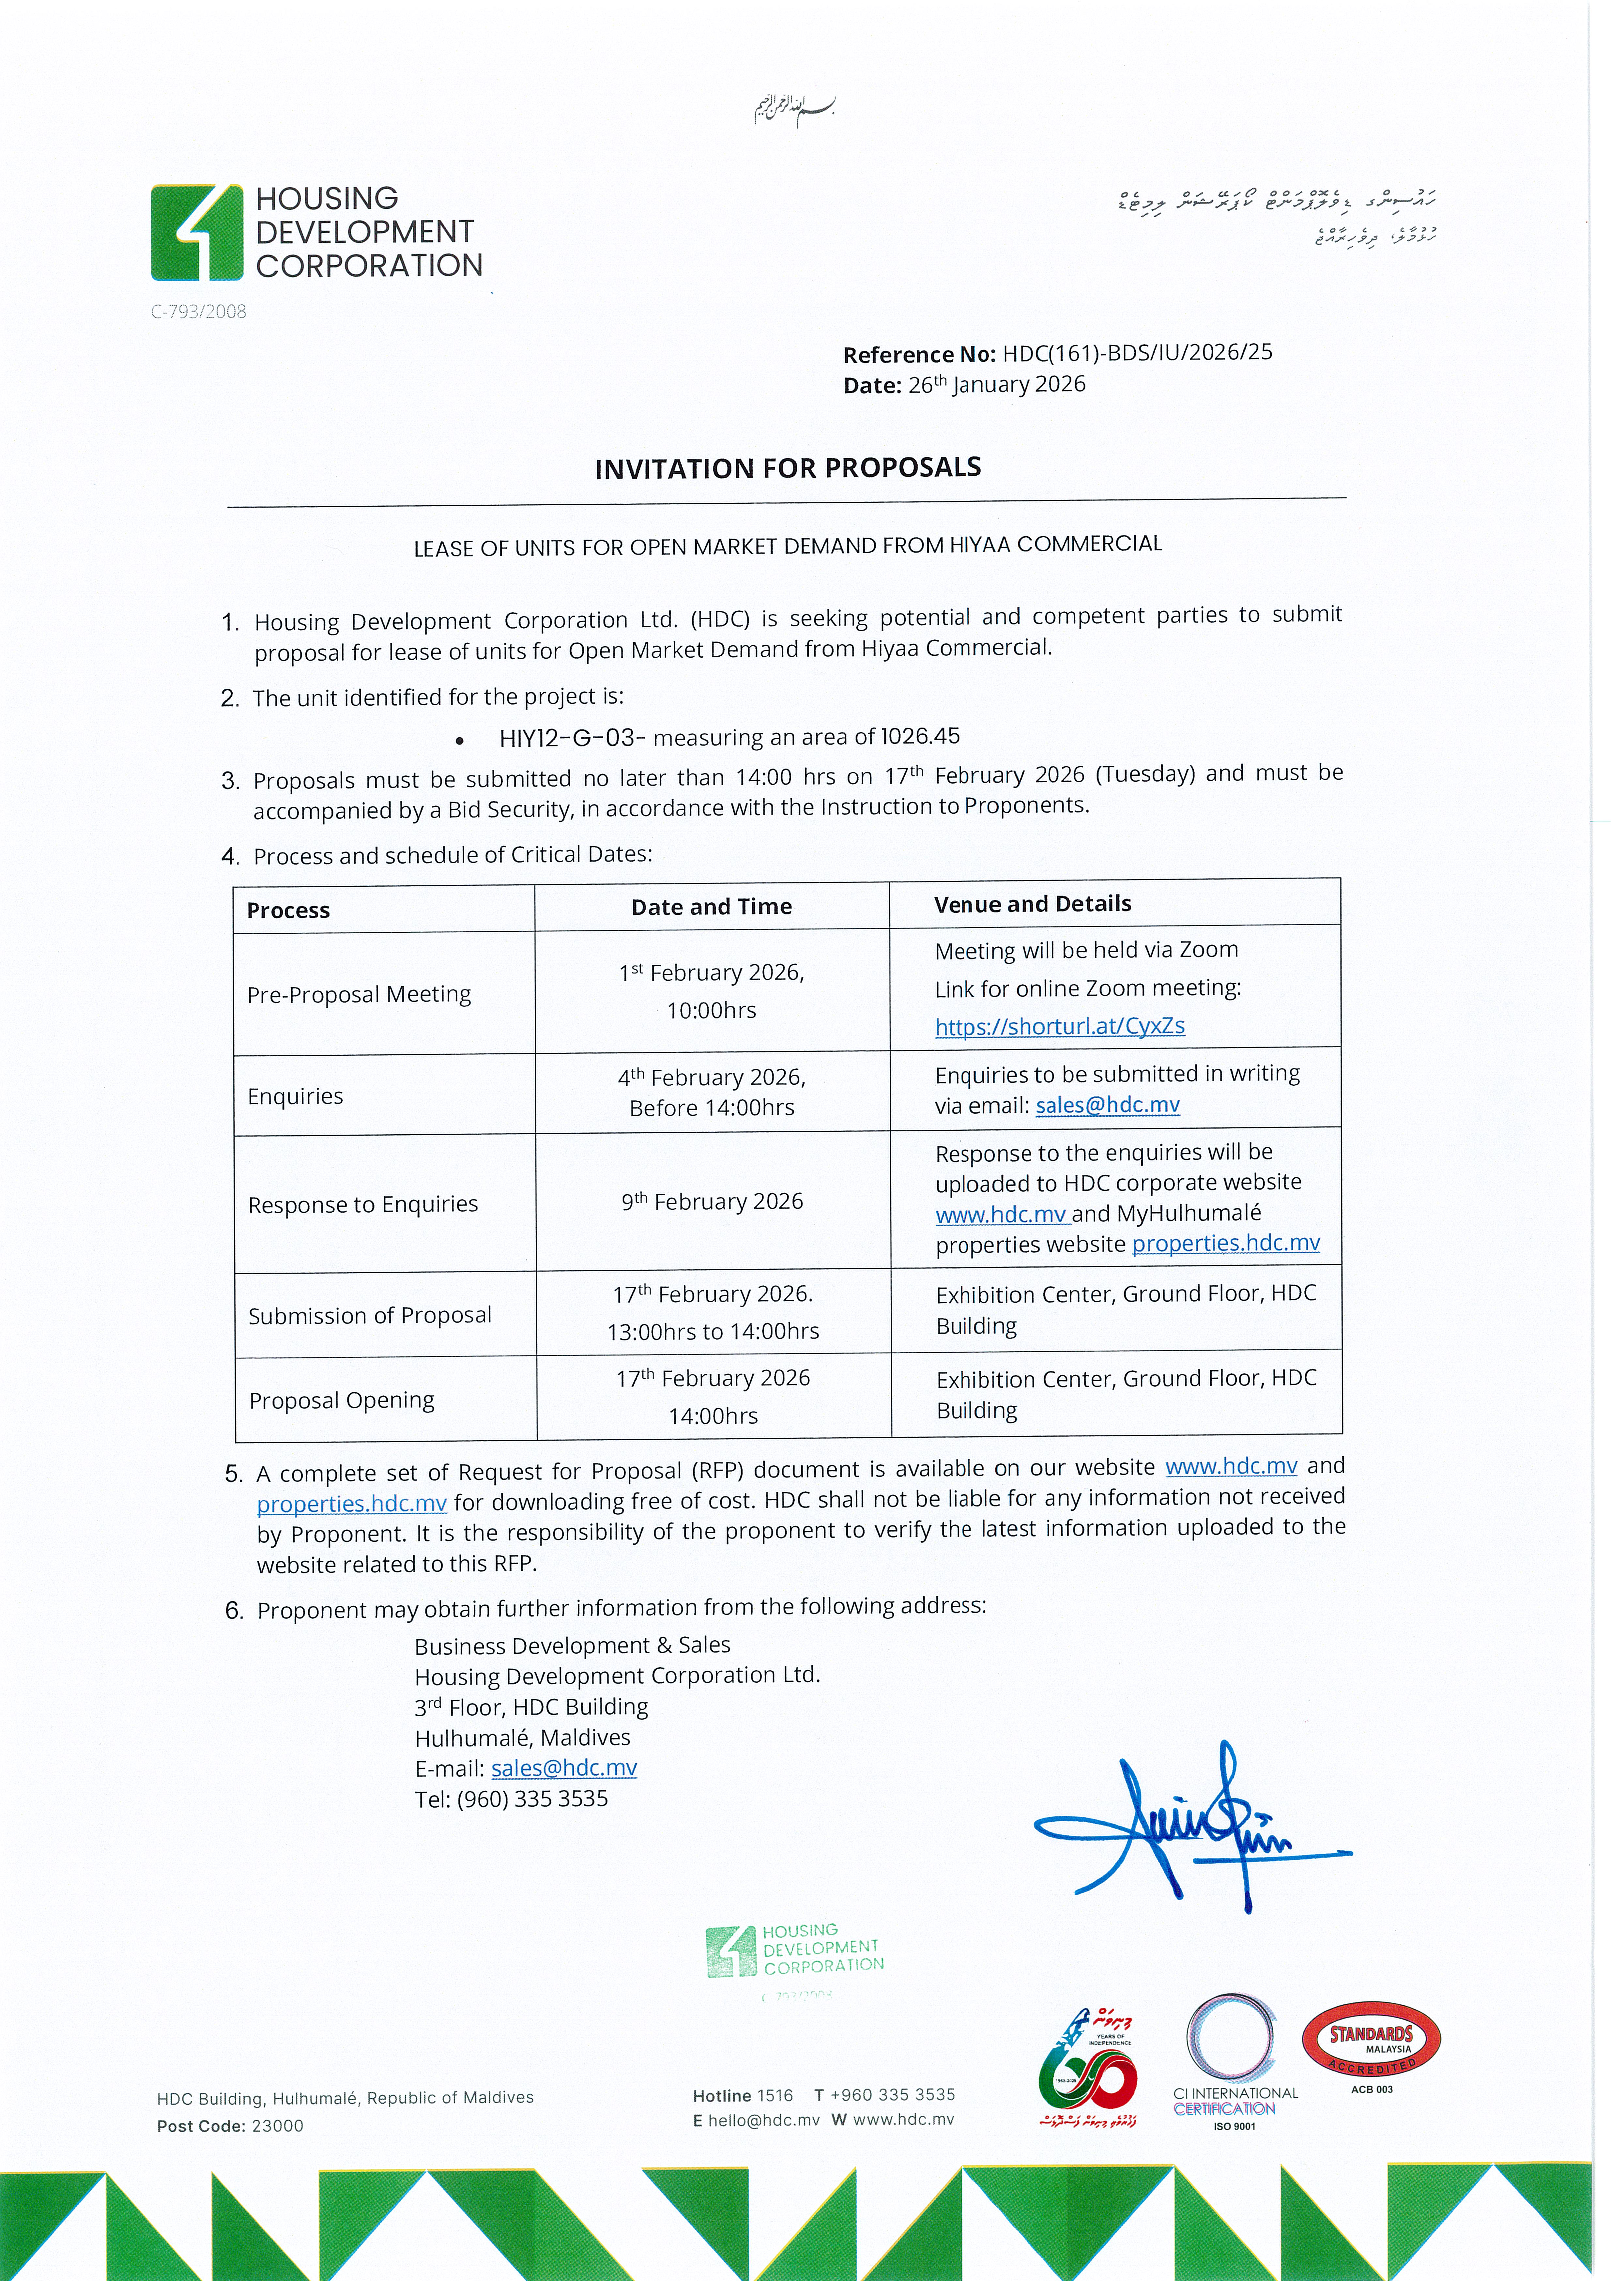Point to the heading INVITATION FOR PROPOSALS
coord(788,468)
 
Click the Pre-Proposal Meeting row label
coord(359,994)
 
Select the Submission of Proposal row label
coord(370,1315)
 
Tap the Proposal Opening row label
coord(342,1401)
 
